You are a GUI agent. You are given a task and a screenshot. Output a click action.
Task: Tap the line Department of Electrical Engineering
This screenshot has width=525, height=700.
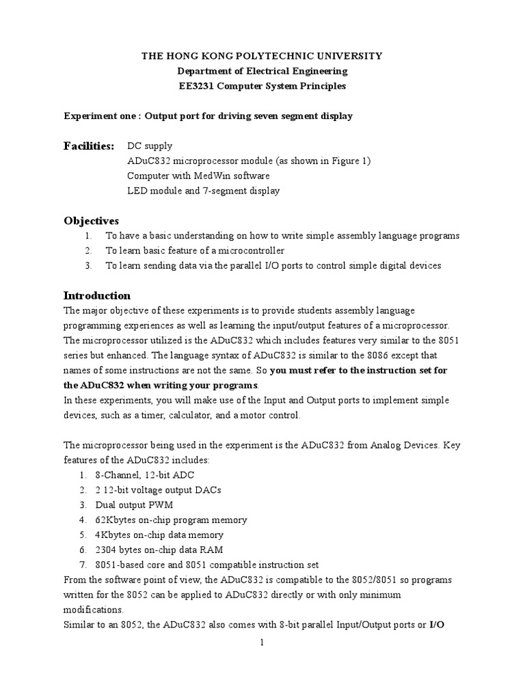(262, 71)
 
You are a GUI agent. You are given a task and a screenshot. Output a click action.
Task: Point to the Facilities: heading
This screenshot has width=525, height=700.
(90, 146)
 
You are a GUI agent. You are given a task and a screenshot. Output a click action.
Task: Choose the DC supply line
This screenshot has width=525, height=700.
(150, 146)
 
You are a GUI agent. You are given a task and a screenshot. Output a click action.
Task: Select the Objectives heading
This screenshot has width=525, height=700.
(91, 221)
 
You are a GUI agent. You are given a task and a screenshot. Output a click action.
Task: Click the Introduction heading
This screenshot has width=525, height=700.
(97, 296)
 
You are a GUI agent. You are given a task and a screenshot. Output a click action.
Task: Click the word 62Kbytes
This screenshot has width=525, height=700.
(126, 520)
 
